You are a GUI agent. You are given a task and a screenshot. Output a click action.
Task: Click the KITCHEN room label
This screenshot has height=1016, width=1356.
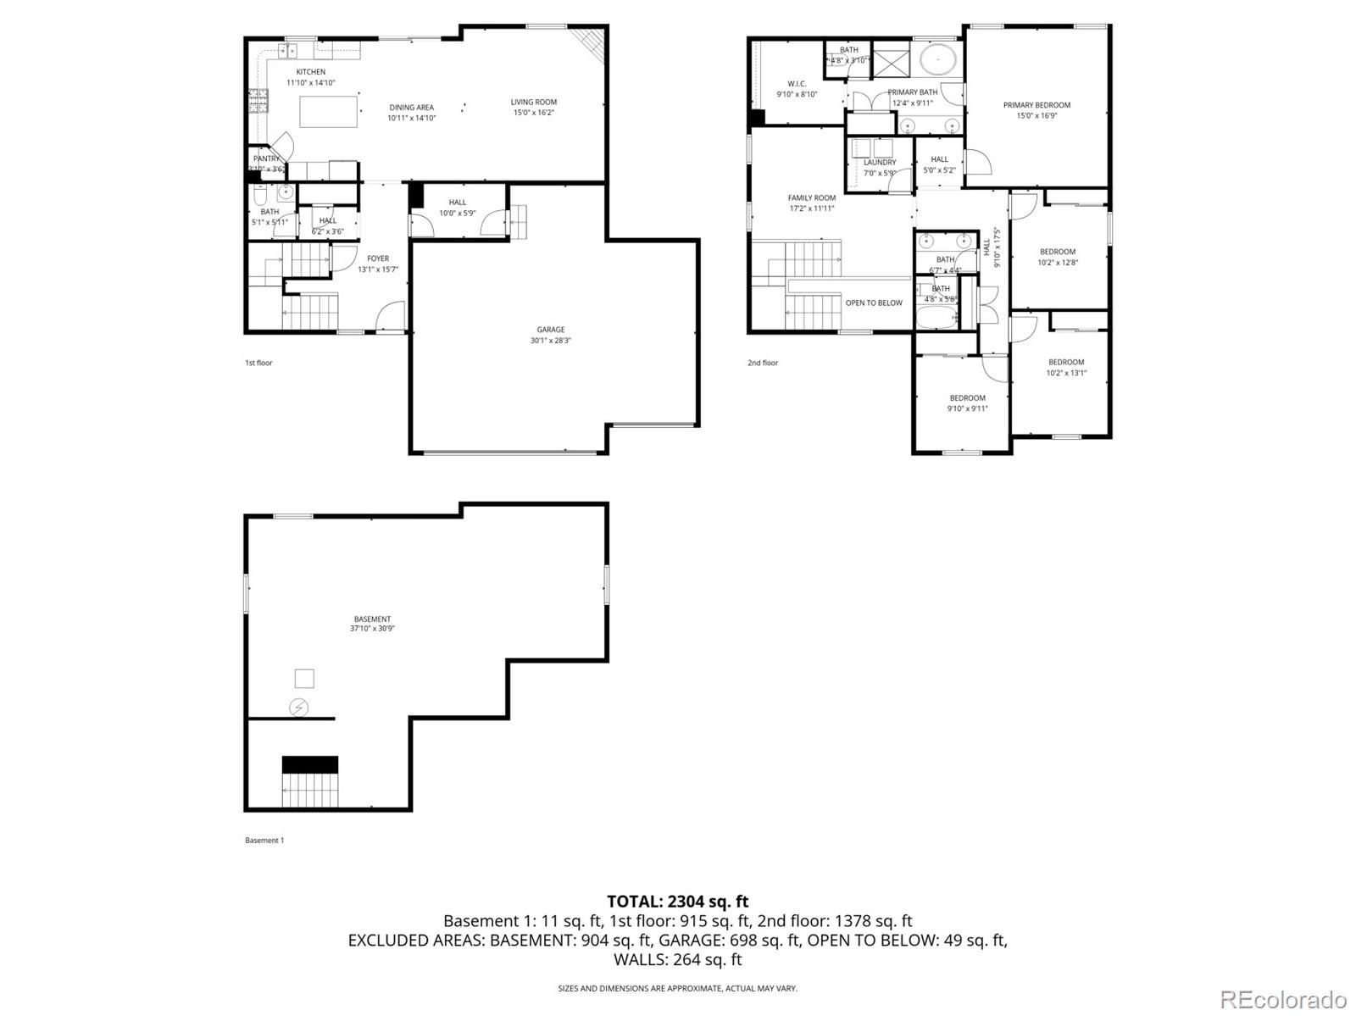[310, 73]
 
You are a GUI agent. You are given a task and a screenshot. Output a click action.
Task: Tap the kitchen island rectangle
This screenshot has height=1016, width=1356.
[329, 111]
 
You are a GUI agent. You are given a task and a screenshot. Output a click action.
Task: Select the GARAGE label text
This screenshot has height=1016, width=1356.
[550, 330]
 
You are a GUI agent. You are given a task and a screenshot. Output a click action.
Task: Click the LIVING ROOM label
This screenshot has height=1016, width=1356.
[533, 103]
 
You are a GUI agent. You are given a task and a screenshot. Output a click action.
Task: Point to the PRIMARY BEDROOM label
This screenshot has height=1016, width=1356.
[1036, 106]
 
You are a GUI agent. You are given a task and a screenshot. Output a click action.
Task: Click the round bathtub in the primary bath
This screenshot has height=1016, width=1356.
[938, 60]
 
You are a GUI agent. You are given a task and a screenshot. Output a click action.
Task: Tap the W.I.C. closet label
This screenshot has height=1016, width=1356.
[797, 84]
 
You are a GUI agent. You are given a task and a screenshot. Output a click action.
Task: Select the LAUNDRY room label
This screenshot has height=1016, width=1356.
[880, 163]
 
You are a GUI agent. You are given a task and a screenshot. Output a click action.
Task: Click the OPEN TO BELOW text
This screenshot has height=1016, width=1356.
[874, 303]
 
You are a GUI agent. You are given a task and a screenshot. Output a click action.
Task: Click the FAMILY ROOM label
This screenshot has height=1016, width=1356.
[811, 198]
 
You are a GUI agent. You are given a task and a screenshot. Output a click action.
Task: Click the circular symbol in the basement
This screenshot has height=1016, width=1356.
[299, 707]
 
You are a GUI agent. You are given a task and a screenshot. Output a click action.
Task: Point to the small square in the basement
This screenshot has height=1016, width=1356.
[304, 678]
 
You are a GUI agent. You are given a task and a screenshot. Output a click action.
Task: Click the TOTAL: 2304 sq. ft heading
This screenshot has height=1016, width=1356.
[677, 902]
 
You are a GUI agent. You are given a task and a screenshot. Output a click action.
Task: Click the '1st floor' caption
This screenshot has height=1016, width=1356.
[258, 363]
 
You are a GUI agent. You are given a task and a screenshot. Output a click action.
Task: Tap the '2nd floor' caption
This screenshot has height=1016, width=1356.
[762, 363]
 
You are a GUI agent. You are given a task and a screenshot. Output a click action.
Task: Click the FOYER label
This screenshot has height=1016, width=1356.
[378, 259]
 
